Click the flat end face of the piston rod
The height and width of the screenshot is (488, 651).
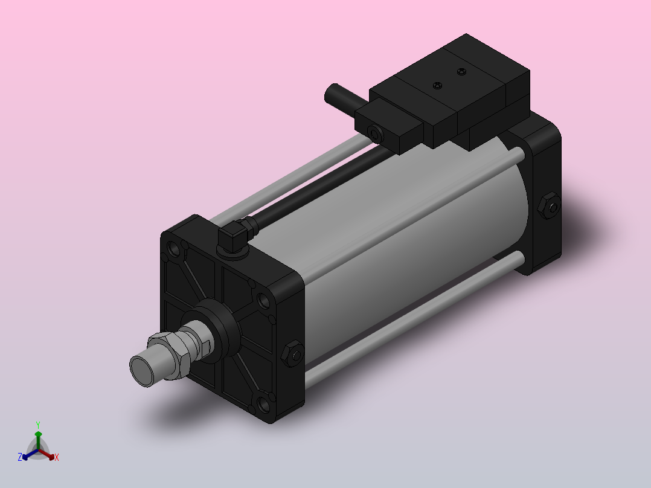point(143,370)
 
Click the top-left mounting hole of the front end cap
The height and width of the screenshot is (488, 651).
point(175,248)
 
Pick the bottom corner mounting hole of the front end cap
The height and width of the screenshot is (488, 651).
point(263,403)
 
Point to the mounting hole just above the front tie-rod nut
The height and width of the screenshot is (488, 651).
point(263,300)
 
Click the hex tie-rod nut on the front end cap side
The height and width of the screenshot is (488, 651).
point(292,355)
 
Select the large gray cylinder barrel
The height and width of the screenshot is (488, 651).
point(411,242)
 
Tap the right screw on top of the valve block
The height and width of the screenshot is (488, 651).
point(463,72)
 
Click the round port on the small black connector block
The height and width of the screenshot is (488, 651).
point(374,132)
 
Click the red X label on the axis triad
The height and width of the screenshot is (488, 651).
point(57,458)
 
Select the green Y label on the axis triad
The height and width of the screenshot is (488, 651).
point(38,425)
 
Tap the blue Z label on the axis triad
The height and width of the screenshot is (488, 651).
point(20,457)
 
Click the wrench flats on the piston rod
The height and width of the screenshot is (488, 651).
point(204,346)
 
